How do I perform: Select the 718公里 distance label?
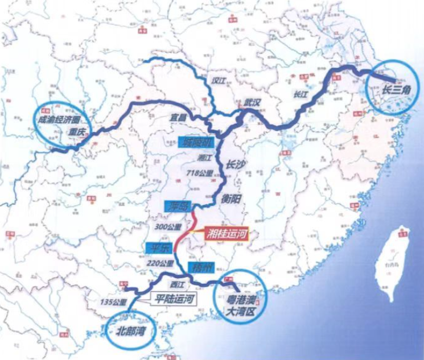tap(199, 171)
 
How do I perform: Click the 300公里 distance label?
tap(168, 227)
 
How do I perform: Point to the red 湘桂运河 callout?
tap(219, 232)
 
